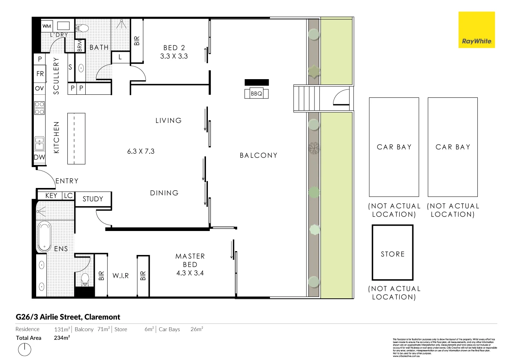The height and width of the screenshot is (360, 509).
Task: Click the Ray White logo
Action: point(476,30)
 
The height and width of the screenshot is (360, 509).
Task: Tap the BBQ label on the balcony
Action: point(256,93)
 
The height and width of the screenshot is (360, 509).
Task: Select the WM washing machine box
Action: point(47,26)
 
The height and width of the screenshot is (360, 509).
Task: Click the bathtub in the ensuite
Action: point(44,236)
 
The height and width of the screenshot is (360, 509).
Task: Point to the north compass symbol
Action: point(24,349)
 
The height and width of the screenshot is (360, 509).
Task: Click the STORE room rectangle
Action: point(393,253)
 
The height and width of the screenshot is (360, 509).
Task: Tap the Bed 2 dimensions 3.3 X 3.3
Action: point(174,56)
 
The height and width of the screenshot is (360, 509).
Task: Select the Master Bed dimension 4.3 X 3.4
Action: point(190,273)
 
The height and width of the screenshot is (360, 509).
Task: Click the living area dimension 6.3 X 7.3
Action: point(141,151)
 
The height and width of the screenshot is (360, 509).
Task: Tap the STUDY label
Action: point(93,199)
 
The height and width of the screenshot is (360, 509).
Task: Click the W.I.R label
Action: point(121,276)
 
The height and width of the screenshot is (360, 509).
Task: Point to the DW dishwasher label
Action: point(40,157)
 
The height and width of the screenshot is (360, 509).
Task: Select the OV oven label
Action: point(40,88)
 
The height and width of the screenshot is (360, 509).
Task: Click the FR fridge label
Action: point(40,74)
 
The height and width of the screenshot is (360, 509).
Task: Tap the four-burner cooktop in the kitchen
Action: point(40,108)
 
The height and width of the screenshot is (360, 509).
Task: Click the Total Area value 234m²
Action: point(62,338)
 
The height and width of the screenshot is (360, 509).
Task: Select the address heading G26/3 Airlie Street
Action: point(68,317)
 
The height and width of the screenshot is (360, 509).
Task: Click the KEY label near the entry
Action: point(51,196)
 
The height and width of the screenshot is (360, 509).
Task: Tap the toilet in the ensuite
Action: point(85,280)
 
